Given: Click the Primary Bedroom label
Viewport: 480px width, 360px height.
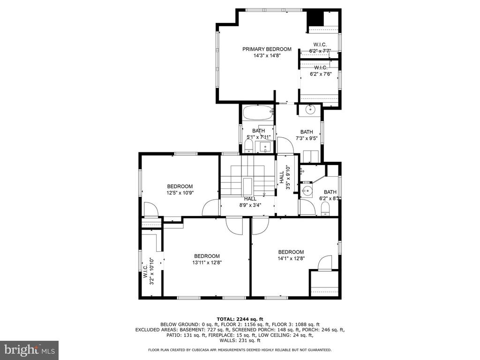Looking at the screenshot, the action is [267, 49].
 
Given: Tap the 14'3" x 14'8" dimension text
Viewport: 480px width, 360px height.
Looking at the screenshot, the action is [267, 56].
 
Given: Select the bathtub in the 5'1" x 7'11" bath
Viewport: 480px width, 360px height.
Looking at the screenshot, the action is [258, 112].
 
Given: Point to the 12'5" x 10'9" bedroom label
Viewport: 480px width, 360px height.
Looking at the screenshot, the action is [180, 189].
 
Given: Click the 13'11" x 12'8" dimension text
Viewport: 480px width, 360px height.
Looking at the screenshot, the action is [207, 262].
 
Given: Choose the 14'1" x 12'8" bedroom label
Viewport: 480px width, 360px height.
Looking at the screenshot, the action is [291, 255].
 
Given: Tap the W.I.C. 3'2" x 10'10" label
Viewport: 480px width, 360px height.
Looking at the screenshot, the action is [148, 271].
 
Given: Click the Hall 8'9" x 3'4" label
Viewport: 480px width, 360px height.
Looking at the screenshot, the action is [250, 202].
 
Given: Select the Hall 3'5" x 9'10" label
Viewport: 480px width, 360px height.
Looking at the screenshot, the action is [285, 177].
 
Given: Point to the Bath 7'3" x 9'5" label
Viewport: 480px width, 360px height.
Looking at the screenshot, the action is [307, 135].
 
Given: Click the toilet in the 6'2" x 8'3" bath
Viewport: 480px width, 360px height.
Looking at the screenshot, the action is [325, 210].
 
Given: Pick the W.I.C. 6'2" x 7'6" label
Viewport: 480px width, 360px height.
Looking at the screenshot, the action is [321, 71].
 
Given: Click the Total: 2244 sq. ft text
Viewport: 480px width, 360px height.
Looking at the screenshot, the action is [240, 319].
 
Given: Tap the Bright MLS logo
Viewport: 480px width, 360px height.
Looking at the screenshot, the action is [30, 350].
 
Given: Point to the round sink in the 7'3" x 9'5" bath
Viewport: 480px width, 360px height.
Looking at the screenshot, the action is [310, 109].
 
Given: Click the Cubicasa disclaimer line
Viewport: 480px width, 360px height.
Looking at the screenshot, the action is [240, 350].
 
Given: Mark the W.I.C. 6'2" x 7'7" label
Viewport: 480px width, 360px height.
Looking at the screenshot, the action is [320, 48].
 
